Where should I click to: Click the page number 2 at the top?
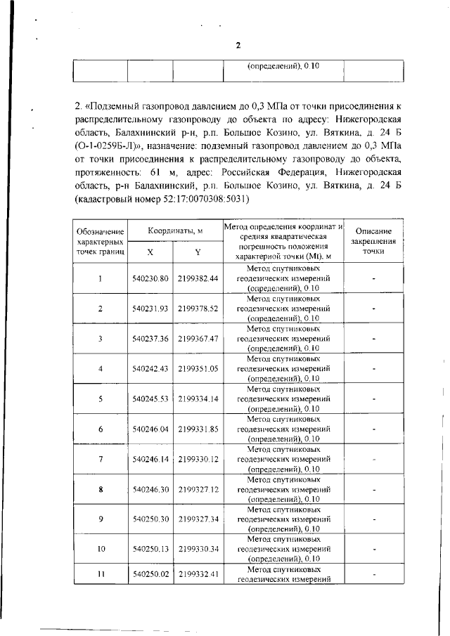(238, 45)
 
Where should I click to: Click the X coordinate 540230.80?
(150, 278)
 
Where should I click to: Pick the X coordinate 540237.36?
(150, 339)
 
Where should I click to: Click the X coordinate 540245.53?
(150, 398)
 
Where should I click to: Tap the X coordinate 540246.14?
(150, 459)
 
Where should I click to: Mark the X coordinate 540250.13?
(150, 548)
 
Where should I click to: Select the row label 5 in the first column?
(101, 398)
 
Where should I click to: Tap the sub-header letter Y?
(198, 251)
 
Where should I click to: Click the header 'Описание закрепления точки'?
(374, 241)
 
